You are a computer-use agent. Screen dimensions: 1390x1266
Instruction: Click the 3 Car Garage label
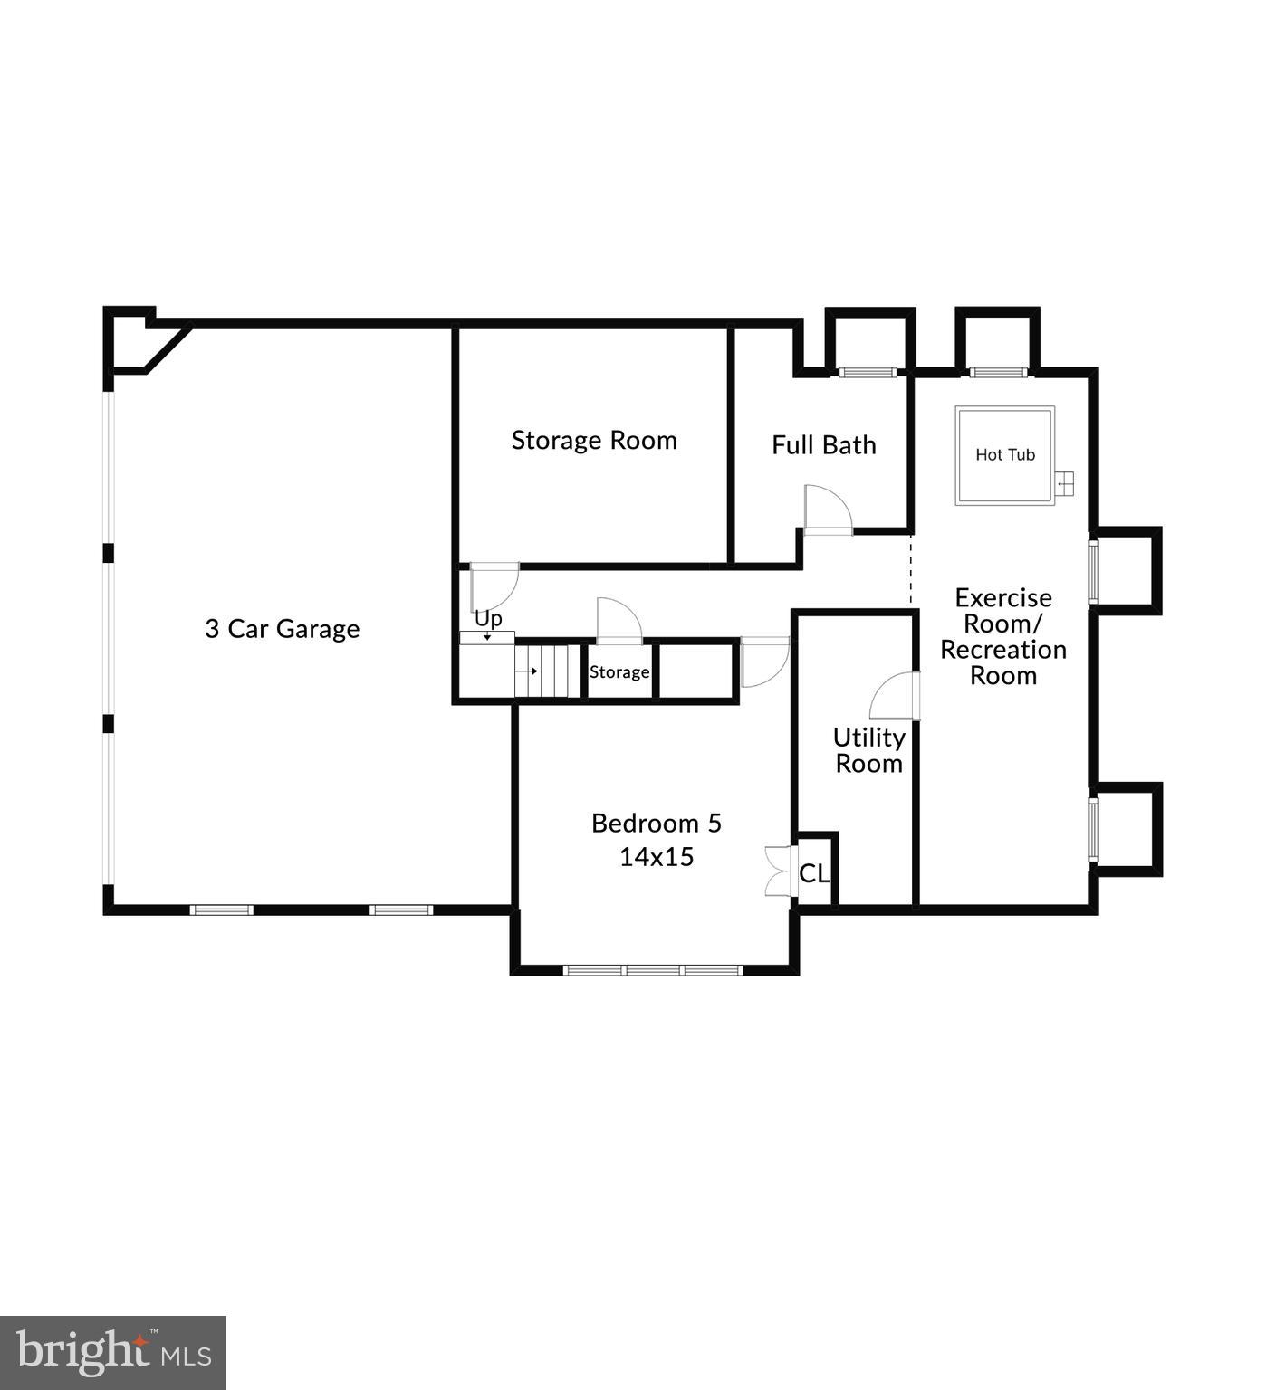tap(282, 629)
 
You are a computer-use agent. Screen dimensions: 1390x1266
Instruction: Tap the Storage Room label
tap(594, 441)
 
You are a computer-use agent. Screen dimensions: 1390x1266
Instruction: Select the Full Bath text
tap(823, 445)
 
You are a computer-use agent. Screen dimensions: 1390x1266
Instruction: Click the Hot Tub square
tap(1004, 455)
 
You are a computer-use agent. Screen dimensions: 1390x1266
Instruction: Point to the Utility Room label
tap(868, 750)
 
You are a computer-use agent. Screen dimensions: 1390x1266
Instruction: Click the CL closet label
tap(813, 874)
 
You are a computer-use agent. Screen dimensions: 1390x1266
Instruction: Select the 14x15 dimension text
tap(656, 857)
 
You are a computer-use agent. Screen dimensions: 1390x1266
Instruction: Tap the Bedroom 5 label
tap(656, 824)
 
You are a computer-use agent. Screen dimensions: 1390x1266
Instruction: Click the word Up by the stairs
tap(488, 620)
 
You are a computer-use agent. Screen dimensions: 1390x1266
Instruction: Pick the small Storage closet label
tap(619, 672)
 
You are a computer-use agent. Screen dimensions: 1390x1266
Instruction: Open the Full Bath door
tap(828, 510)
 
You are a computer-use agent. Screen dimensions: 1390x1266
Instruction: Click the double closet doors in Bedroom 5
tap(777, 871)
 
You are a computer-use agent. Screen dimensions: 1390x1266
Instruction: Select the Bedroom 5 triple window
tap(653, 970)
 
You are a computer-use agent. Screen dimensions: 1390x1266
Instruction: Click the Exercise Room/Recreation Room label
tap(1002, 636)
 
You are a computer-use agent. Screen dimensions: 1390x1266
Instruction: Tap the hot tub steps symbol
tap(1065, 484)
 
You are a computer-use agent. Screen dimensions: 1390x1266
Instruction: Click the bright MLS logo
tap(113, 1353)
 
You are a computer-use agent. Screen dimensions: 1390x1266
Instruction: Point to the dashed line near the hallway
tap(911, 570)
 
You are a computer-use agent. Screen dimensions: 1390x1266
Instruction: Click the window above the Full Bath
tap(867, 372)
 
